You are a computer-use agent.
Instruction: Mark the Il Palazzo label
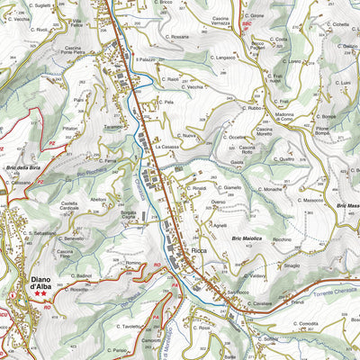pos(146,59)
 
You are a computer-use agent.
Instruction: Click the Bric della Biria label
pos(23,167)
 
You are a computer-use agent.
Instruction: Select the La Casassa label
pos(169,146)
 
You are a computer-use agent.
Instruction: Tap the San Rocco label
pos(238,292)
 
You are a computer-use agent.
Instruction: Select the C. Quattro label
pos(281,158)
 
